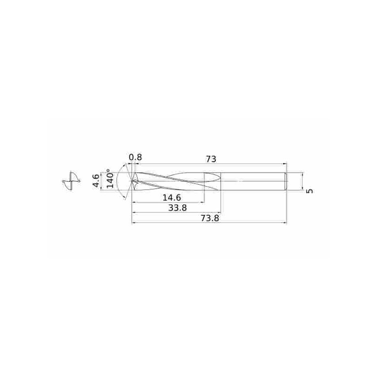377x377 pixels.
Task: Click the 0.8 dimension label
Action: tap(135, 157)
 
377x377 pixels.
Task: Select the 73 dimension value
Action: tap(211, 159)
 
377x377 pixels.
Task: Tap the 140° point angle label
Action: tap(110, 179)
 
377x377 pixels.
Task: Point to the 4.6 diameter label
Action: tap(96, 181)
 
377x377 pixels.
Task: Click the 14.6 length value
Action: tap(172, 198)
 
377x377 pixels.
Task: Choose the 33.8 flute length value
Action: tap(178, 208)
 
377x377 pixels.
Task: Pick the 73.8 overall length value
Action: tap(210, 218)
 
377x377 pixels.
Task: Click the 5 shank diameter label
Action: tap(310, 191)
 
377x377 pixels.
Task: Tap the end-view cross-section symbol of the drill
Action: tap(71, 181)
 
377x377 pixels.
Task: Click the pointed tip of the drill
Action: tap(132, 181)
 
